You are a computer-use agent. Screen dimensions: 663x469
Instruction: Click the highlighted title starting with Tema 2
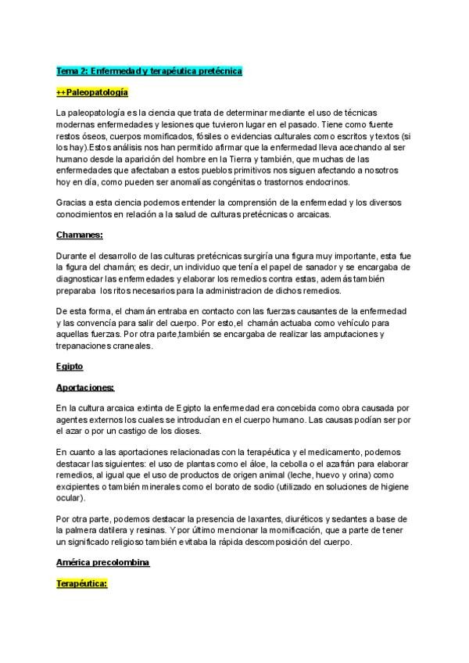149,71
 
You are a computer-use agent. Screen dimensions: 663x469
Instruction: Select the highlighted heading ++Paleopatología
89,93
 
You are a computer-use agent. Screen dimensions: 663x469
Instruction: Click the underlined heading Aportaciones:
85,387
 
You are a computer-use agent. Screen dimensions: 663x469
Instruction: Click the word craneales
144,346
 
